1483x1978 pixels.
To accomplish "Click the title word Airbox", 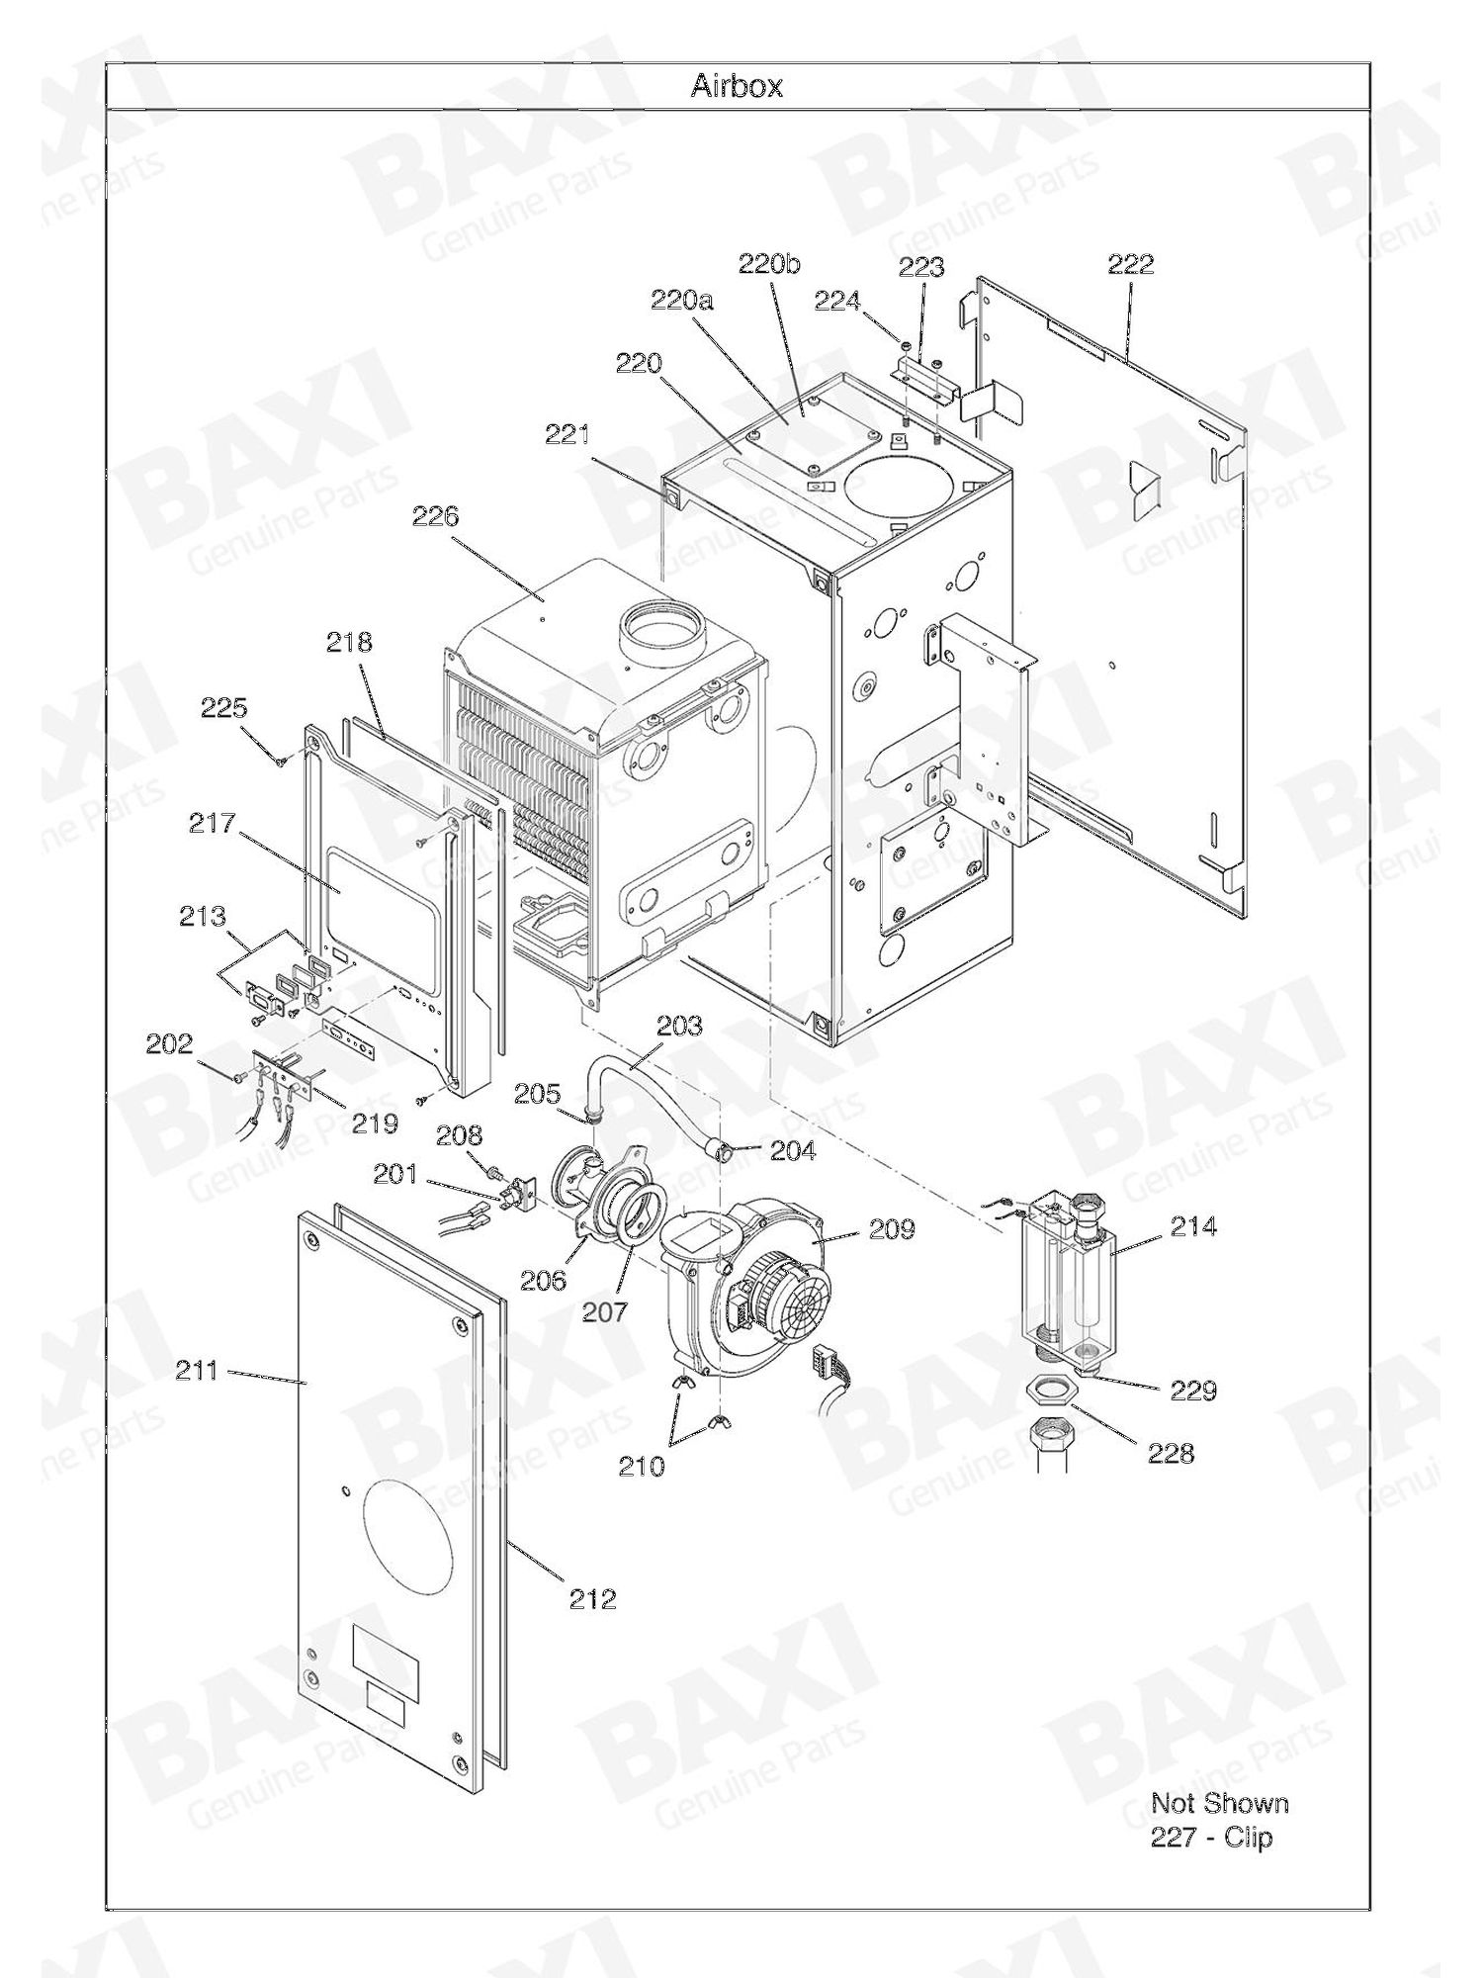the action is [x=737, y=86].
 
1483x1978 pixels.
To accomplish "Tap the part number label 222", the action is [x=1130, y=264].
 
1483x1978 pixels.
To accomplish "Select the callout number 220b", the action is [x=769, y=264].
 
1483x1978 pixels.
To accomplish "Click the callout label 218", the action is [x=350, y=642].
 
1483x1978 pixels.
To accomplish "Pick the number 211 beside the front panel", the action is [x=198, y=1371].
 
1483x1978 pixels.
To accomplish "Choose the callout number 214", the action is [x=1193, y=1227].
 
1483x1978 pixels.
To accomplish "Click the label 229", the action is [x=1193, y=1391].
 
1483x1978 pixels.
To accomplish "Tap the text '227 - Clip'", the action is [x=1212, y=1838].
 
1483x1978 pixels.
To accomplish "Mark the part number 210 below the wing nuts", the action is [x=642, y=1467].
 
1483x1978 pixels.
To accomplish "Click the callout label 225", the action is [x=224, y=708].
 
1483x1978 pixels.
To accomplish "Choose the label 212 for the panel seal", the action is [x=592, y=1598].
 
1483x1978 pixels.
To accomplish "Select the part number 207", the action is [x=604, y=1311].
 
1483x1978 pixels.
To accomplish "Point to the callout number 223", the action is [x=921, y=267].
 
